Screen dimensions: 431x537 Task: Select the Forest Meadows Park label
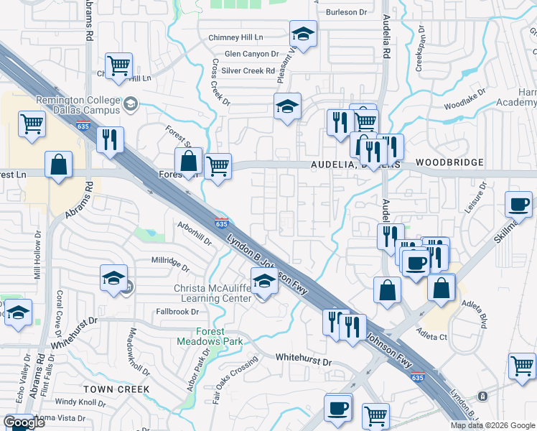point(210,336)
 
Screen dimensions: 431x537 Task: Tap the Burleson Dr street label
point(346,12)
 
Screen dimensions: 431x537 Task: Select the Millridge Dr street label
point(170,264)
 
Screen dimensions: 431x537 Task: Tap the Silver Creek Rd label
point(248,70)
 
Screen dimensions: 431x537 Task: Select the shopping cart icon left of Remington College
point(32,123)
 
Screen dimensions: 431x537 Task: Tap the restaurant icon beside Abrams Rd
point(109,138)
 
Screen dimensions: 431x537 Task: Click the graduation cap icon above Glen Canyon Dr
point(303,32)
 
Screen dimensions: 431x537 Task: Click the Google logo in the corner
point(24,422)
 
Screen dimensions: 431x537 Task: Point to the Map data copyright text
point(492,425)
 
